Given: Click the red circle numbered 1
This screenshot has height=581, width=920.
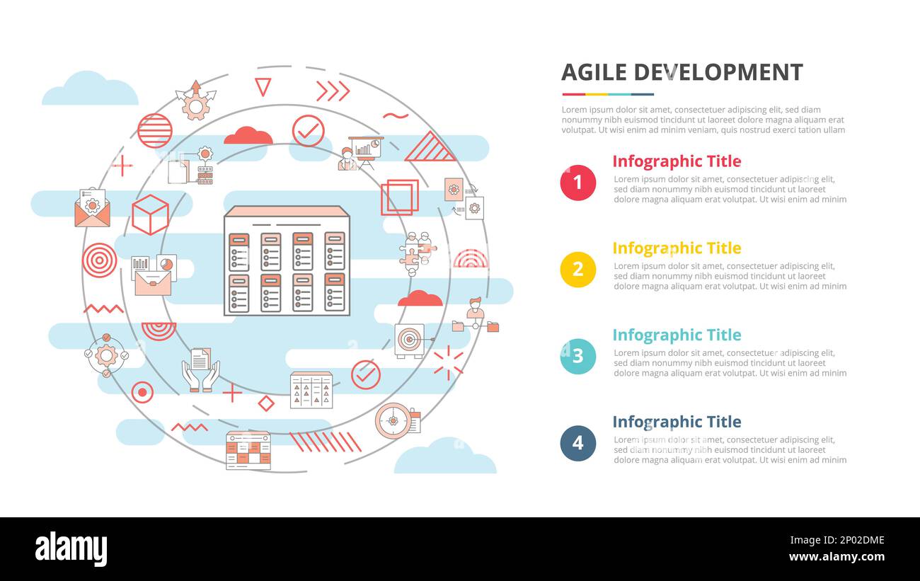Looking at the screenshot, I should click(577, 183).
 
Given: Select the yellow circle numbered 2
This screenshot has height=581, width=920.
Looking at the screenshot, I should click(577, 270).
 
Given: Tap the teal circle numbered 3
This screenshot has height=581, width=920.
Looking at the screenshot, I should click(577, 356).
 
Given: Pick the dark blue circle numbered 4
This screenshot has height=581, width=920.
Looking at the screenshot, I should click(577, 443).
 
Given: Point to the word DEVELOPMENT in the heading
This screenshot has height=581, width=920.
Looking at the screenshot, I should click(718, 72).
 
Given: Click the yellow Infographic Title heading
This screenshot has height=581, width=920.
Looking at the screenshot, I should click(676, 248).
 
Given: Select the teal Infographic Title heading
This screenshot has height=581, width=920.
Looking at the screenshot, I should click(676, 335).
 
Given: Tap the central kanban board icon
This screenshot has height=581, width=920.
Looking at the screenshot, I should click(287, 261).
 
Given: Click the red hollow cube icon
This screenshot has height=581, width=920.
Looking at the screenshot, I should click(150, 214).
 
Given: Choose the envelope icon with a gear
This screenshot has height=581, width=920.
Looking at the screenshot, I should click(92, 208).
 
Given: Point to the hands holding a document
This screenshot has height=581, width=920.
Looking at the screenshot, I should click(200, 369).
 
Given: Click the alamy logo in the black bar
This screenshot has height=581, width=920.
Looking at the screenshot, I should click(71, 549).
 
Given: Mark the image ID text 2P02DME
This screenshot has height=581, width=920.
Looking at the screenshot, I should click(849, 541).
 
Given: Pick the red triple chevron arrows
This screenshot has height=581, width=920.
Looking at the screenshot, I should click(333, 91).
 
